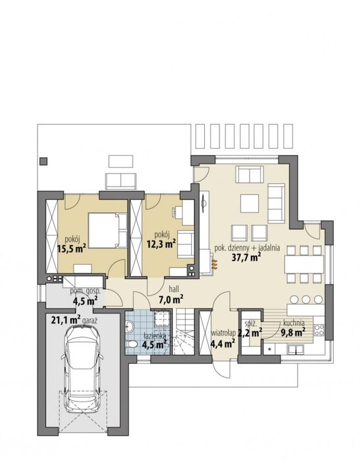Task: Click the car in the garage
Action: [82, 369]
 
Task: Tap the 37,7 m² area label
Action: [246, 258]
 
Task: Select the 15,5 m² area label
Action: [72, 249]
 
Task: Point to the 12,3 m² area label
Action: [161, 244]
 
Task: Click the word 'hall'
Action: [174, 289]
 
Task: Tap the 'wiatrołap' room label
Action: [223, 333]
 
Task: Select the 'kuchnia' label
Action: [294, 323]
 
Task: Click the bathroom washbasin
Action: [129, 325]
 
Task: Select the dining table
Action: [304, 264]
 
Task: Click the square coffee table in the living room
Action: [250, 204]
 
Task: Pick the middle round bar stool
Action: [306, 299]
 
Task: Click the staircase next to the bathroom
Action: [185, 332]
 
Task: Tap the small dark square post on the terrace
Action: [43, 161]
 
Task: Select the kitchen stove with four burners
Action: [319, 329]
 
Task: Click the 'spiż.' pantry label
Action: [251, 324]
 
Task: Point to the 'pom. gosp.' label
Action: [85, 292]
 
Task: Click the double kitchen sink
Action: [295, 350]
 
